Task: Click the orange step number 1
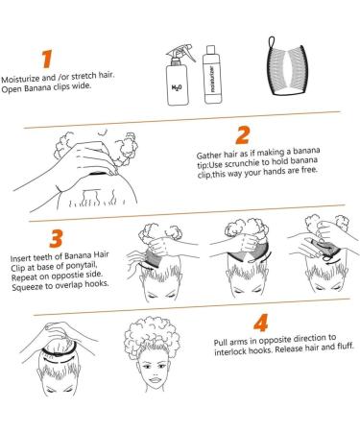pyautogui.click(x=47, y=59)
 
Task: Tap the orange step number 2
pyautogui.click(x=243, y=135)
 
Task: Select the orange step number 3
pyautogui.click(x=56, y=238)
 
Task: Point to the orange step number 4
pyautogui.click(x=261, y=323)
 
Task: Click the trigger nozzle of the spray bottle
pyautogui.click(x=181, y=53)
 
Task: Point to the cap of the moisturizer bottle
pyautogui.click(x=210, y=50)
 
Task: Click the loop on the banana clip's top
pyautogui.click(x=272, y=42)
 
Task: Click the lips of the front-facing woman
pyautogui.click(x=155, y=380)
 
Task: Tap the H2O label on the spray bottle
pyautogui.click(x=177, y=87)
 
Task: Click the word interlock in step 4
pyautogui.click(x=230, y=351)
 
